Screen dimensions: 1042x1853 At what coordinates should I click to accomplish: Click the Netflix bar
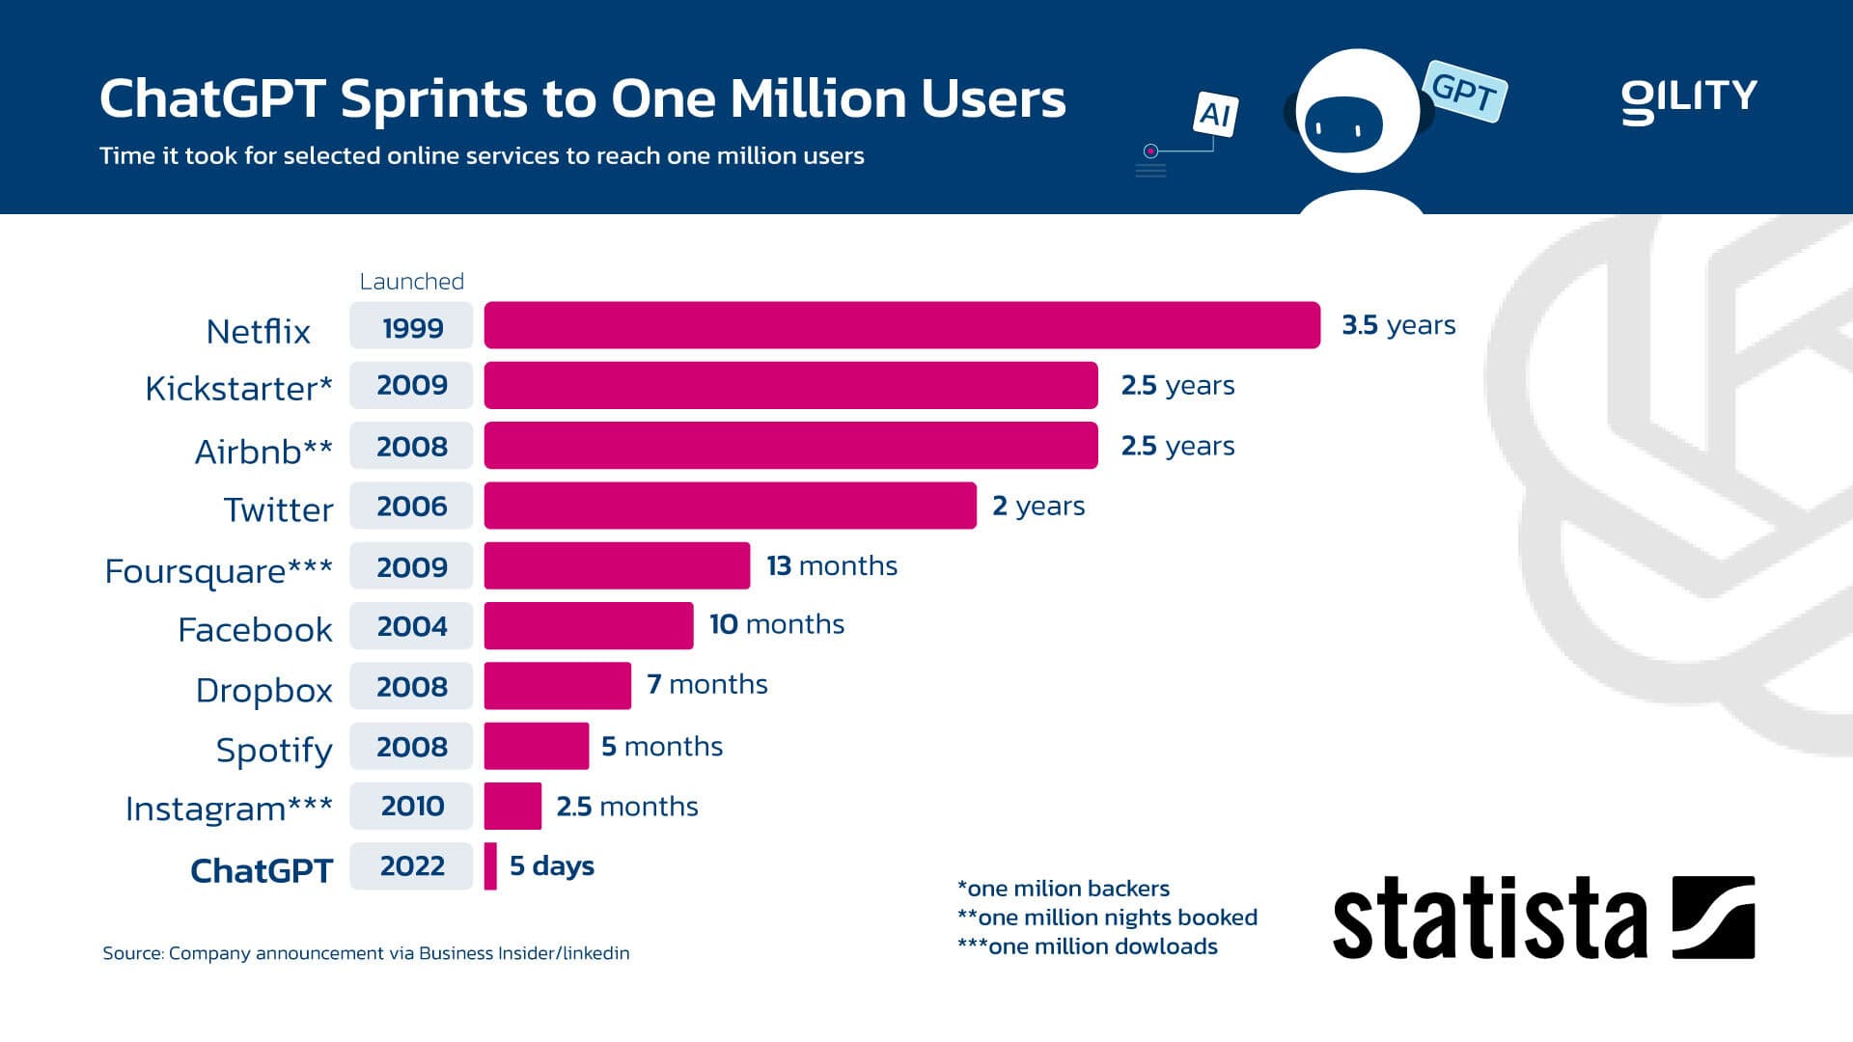click(x=901, y=325)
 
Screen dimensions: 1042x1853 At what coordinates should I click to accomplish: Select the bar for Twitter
click(x=730, y=506)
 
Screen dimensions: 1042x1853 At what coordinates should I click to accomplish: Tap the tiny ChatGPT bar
click(x=490, y=865)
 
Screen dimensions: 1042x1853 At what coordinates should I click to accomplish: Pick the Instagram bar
click(x=512, y=806)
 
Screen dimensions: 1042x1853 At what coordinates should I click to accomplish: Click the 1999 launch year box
click(x=412, y=326)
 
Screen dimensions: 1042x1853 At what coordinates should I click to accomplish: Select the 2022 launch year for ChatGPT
click(x=412, y=865)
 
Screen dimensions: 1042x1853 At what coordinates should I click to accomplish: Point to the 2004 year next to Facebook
click(x=412, y=626)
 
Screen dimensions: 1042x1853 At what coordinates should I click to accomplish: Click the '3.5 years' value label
click(x=1398, y=325)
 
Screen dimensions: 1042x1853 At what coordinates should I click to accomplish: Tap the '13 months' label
click(x=832, y=565)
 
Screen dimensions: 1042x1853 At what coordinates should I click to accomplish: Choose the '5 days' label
click(x=551, y=865)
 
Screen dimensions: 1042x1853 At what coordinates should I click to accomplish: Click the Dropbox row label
click(x=263, y=690)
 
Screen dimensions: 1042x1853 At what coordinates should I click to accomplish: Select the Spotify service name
click(x=274, y=750)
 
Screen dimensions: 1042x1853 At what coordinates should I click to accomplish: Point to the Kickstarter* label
click(x=238, y=388)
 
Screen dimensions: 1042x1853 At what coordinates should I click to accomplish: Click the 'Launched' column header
click(x=412, y=281)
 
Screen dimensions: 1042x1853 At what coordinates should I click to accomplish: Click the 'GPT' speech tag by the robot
click(x=1464, y=92)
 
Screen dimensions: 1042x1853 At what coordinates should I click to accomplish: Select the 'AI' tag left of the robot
click(x=1215, y=115)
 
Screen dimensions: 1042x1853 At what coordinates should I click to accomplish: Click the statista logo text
click(x=1490, y=919)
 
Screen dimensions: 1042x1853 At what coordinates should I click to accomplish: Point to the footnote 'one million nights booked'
click(x=1107, y=917)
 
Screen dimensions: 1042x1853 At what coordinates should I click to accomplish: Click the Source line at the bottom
click(x=366, y=953)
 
